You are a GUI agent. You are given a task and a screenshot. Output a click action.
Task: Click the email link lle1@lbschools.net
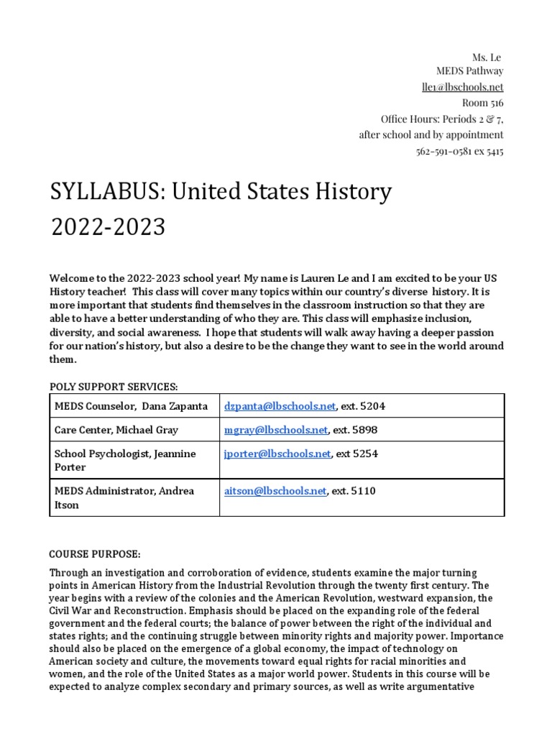(462, 87)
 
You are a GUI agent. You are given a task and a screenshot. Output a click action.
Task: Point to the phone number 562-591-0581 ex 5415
(459, 152)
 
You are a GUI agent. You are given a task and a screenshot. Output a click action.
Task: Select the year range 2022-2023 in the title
(108, 227)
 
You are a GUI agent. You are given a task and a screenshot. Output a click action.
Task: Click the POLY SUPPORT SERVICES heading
(114, 386)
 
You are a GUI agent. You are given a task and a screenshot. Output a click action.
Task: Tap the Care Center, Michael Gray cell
(116, 430)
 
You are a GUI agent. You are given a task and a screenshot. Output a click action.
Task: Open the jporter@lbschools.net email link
(277, 454)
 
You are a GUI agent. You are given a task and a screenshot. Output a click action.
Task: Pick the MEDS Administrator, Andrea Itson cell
(124, 497)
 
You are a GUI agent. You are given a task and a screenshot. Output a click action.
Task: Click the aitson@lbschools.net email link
(275, 491)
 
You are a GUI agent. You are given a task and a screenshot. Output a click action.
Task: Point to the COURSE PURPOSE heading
(95, 554)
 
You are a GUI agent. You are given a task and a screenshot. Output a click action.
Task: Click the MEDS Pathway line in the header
(470, 71)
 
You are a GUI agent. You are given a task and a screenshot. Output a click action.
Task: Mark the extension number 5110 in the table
(364, 491)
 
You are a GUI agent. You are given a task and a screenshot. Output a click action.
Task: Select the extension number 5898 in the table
(364, 430)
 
